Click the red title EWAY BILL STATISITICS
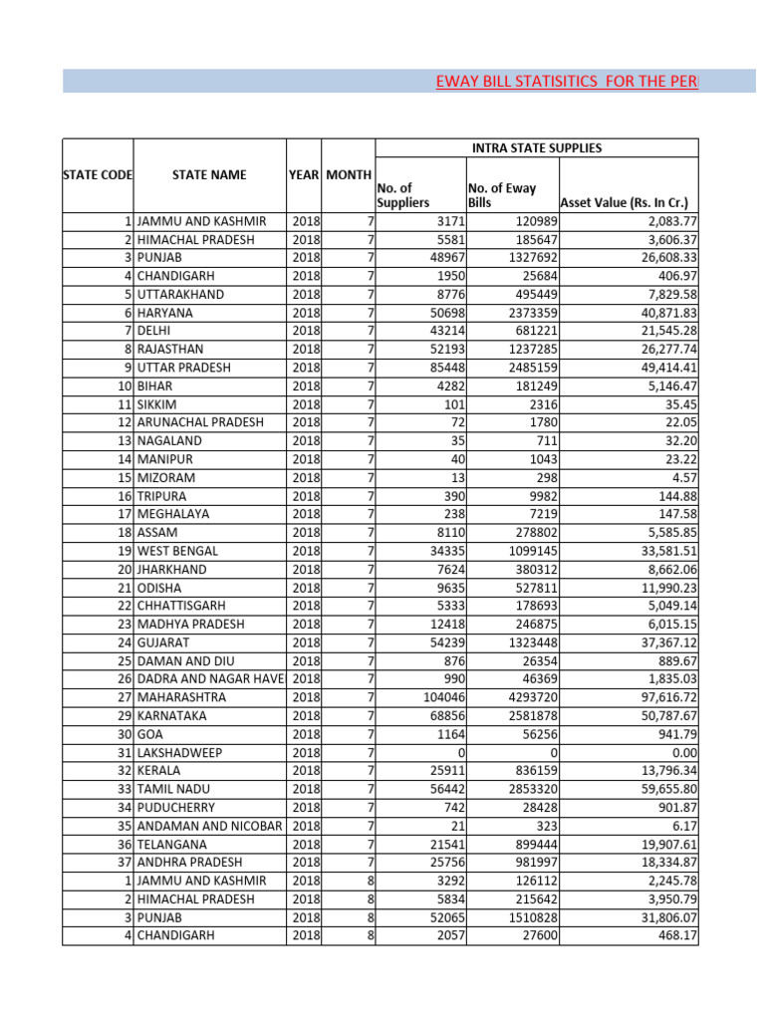[567, 81]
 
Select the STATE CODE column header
[98, 175]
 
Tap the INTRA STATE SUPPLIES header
[536, 148]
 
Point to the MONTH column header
[349, 175]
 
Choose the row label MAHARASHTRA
[181, 697]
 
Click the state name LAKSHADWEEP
[181, 752]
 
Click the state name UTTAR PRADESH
[184, 368]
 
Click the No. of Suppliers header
[404, 195]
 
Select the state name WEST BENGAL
[180, 551]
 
